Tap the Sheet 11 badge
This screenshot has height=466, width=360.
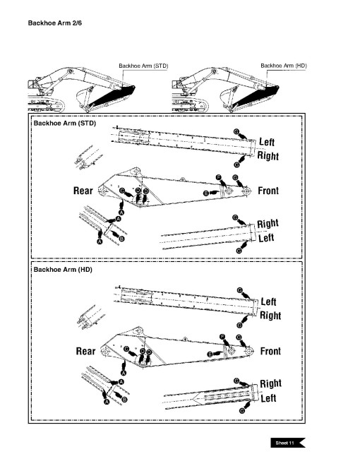point(287,442)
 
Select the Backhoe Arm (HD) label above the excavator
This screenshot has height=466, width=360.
point(283,66)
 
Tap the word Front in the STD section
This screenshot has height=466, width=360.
point(269,191)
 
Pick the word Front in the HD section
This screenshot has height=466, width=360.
point(270,351)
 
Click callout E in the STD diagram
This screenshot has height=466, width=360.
point(205,193)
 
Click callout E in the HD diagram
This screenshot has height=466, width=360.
point(210,353)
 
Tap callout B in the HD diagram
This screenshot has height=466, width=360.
point(125,400)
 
